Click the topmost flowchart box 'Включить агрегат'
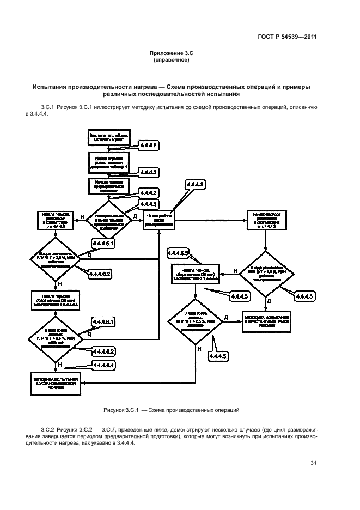(x=109, y=137)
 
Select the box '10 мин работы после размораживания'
(x=160, y=220)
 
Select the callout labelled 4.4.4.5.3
(x=178, y=254)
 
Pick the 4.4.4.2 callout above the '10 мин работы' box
(x=196, y=186)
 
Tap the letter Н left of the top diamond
(x=82, y=217)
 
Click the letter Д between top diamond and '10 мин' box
(x=135, y=216)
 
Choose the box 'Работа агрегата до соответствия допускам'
(x=109, y=162)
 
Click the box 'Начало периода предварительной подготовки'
(x=109, y=186)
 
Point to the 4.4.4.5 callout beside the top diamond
(x=149, y=204)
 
